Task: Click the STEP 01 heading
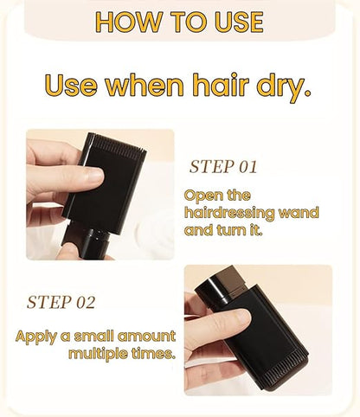(x=223, y=166)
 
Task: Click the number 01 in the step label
(x=244, y=166)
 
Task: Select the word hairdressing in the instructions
(x=228, y=212)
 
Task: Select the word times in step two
(x=154, y=354)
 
